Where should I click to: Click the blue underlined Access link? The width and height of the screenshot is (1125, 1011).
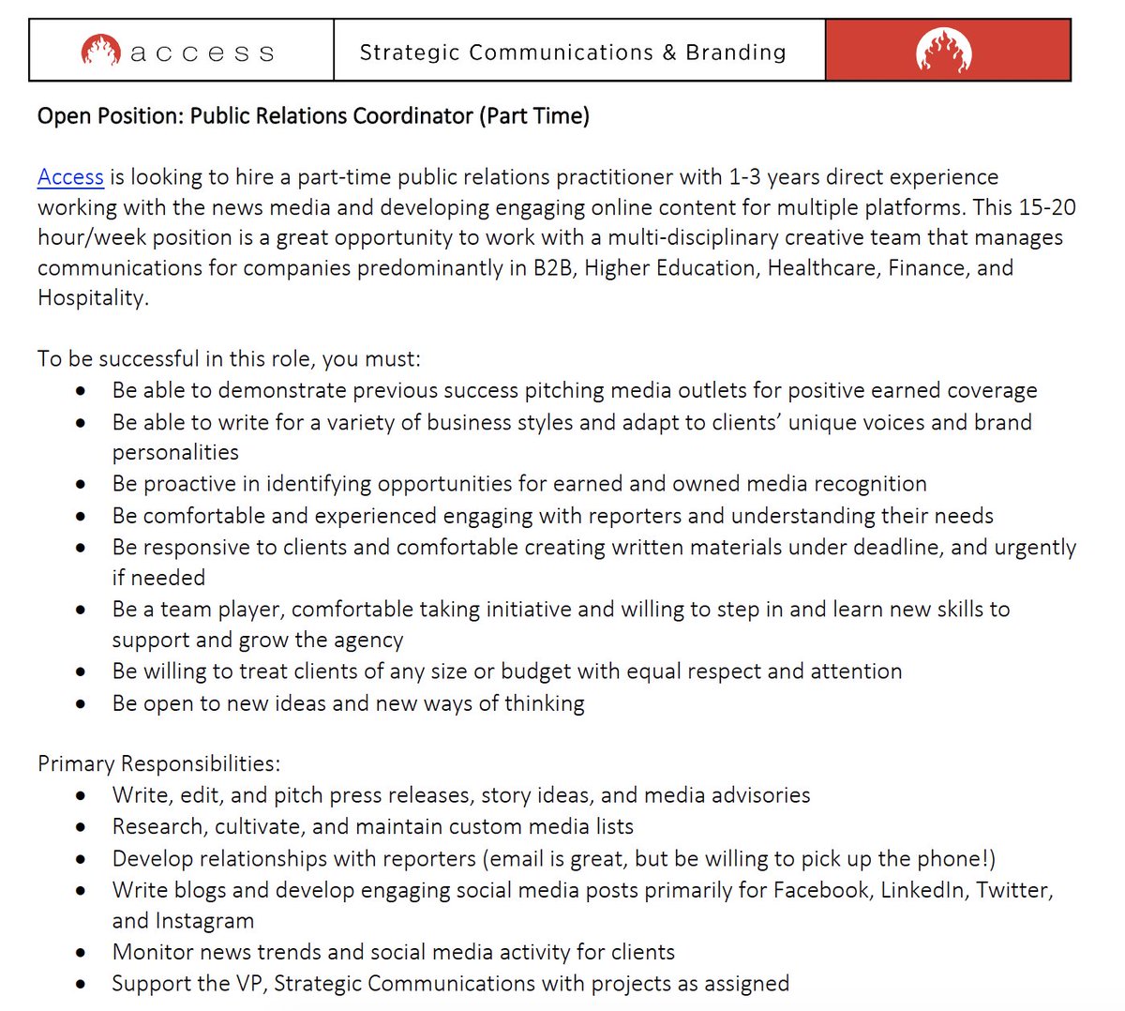pyautogui.click(x=70, y=177)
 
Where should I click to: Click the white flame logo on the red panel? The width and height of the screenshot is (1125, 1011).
pyautogui.click(x=943, y=51)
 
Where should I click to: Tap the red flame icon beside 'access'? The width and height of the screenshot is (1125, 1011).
pyautogui.click(x=100, y=50)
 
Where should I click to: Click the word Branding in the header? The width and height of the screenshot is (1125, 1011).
pyautogui.click(x=736, y=53)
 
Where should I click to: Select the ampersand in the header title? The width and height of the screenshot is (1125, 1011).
pyautogui.click(x=668, y=53)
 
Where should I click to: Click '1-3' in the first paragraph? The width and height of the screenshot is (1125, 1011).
pyautogui.click(x=745, y=177)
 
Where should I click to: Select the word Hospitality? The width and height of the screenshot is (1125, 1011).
pyautogui.click(x=91, y=298)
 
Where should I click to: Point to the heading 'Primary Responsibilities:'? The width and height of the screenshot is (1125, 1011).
pyautogui.click(x=158, y=763)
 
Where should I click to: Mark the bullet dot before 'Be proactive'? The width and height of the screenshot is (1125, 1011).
pyautogui.click(x=82, y=485)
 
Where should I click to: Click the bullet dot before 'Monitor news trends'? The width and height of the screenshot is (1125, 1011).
pyautogui.click(x=82, y=953)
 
